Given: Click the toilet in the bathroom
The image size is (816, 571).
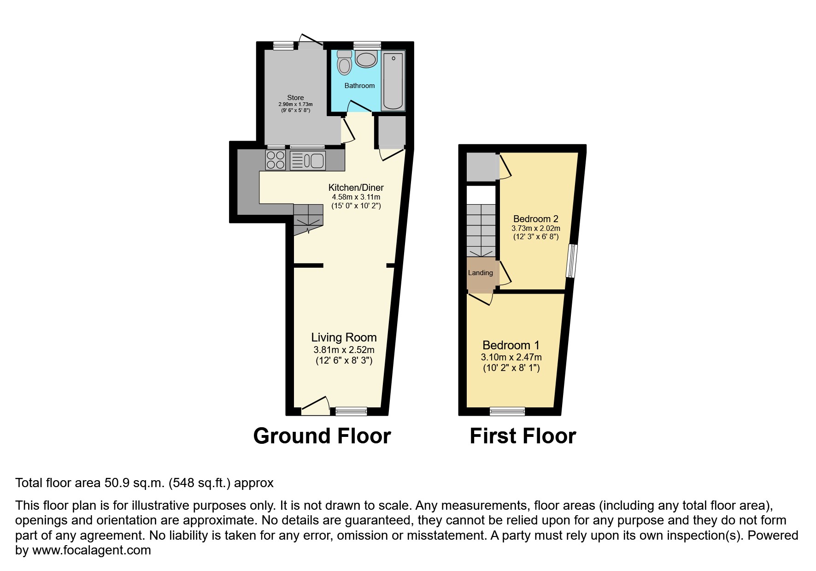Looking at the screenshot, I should pyautogui.click(x=344, y=63).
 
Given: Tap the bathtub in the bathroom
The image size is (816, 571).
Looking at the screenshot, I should pyautogui.click(x=393, y=81).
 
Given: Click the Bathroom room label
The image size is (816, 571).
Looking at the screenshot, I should pyautogui.click(x=359, y=86).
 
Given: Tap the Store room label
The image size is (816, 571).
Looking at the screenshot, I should pyautogui.click(x=295, y=98).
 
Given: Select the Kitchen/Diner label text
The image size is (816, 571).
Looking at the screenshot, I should pyautogui.click(x=356, y=188).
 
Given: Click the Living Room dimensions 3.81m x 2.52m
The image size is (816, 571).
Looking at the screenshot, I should pyautogui.click(x=344, y=350).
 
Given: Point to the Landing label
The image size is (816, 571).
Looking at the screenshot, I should pyautogui.click(x=480, y=273).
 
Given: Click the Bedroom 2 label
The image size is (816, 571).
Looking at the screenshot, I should pyautogui.click(x=535, y=219).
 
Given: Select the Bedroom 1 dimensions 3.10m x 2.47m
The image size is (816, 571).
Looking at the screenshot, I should pyautogui.click(x=511, y=357).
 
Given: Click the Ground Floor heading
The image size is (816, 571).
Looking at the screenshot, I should pyautogui.click(x=322, y=436).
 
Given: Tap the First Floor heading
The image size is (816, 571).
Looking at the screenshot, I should pyautogui.click(x=522, y=436).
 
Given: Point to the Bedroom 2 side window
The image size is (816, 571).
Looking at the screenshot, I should pyautogui.click(x=571, y=261).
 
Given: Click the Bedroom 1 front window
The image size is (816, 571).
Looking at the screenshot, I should pyautogui.click(x=507, y=411).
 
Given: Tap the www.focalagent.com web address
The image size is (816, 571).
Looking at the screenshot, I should pyautogui.click(x=91, y=550).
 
